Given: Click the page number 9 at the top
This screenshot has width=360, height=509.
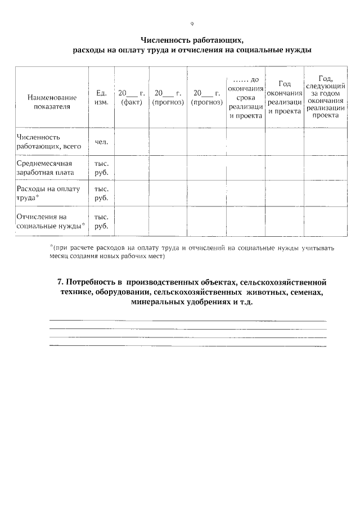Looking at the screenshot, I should coord(192,24).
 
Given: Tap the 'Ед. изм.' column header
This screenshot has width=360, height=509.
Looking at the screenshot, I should coord(101,97).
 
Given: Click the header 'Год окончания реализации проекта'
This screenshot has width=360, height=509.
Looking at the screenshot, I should coord(284,97).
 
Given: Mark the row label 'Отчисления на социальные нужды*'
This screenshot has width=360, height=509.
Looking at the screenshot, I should coord(51,221).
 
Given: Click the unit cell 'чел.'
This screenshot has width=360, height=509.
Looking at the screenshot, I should coord(101,142).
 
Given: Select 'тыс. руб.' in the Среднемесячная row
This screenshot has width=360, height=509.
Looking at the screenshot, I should coord(101,168).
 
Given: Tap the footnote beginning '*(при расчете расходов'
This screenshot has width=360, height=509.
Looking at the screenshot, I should coord(191,251).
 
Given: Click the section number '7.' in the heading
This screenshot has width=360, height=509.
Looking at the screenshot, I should coord(61,281).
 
